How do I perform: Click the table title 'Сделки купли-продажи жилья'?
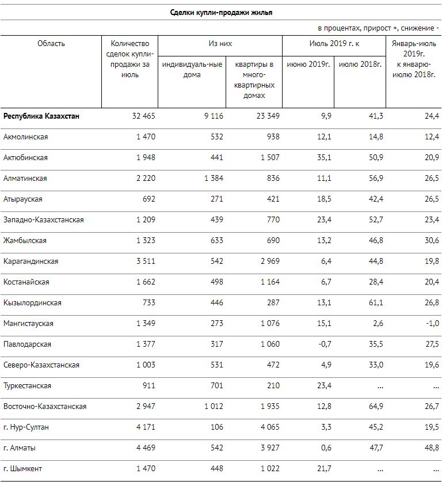(221, 13)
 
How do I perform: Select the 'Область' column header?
(51, 44)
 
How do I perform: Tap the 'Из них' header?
(220, 44)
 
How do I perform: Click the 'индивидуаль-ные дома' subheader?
(192, 70)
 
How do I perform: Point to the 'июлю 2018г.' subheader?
(360, 65)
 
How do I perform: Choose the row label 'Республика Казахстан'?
(41, 116)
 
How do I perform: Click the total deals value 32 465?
(144, 116)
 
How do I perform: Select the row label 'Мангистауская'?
(28, 324)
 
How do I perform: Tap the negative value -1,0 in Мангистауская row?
(432, 324)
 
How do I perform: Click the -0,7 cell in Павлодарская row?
(325, 344)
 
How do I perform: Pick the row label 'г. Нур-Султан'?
(26, 427)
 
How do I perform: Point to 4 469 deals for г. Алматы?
(146, 448)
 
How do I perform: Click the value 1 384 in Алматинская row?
(214, 179)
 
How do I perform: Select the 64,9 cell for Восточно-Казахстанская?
(376, 407)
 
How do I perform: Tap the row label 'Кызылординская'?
(32, 303)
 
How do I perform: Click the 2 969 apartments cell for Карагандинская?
(270, 262)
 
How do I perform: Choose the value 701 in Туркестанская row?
(216, 386)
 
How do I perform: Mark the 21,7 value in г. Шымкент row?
(324, 469)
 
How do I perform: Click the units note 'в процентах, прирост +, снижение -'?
(378, 28)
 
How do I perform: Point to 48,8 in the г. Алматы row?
(432, 448)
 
